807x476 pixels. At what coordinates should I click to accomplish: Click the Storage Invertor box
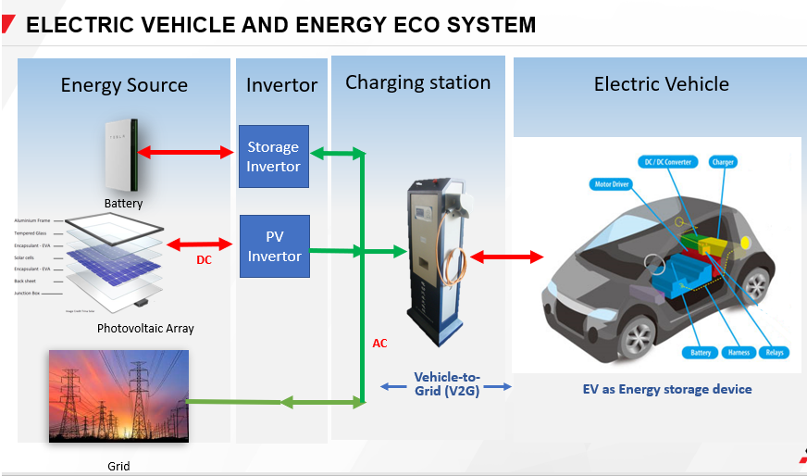pos(273,157)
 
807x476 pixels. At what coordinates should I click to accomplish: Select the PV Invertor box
pos(273,246)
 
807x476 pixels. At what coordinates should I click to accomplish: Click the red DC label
pos(205,260)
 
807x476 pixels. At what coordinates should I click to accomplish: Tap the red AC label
pos(379,344)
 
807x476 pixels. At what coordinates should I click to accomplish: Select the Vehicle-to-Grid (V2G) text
pos(447,383)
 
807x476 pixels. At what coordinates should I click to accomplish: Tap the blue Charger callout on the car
pos(723,162)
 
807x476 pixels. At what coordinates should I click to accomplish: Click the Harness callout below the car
pos(739,352)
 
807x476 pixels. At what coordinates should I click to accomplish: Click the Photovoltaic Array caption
pos(145,329)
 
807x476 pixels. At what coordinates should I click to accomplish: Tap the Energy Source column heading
pos(124,85)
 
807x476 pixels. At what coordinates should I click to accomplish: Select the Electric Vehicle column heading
pos(661,84)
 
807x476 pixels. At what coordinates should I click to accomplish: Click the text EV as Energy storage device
pos(661,389)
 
